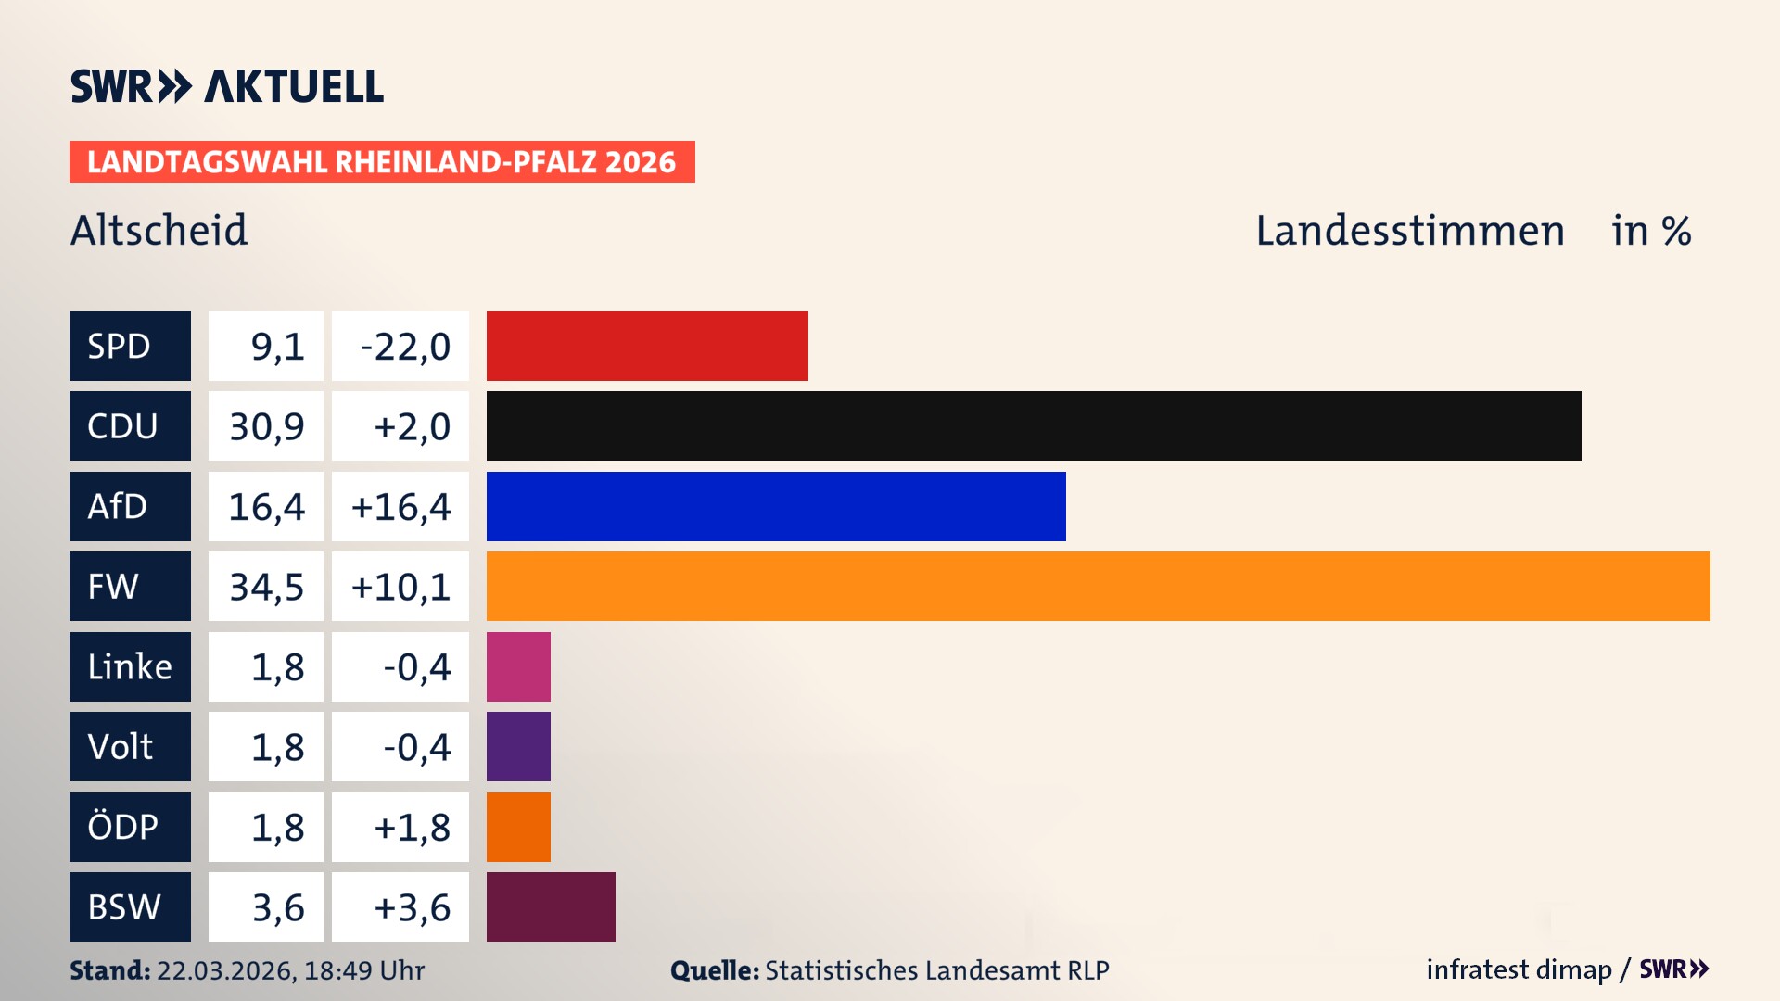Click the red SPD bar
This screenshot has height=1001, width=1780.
[647, 346]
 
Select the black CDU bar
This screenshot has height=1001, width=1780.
[1034, 426]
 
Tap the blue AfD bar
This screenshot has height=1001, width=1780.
[776, 506]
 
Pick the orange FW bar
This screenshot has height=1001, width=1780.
[1098, 587]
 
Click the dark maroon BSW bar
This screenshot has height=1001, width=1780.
[551, 906]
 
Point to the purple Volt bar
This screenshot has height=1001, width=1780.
[518, 746]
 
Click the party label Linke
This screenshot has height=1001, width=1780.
[130, 666]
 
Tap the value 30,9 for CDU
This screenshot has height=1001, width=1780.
[266, 426]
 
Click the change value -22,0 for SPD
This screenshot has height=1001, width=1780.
[404, 347]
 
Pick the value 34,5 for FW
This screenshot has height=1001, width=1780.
[266, 587]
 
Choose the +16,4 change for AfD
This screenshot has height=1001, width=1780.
[400, 507]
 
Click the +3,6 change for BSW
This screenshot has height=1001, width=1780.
[412, 907]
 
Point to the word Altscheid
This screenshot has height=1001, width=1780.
[159, 230]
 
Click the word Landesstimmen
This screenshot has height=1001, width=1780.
[1409, 230]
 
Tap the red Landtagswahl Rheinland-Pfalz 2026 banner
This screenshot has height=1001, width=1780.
[382, 162]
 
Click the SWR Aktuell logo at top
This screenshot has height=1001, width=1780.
[227, 86]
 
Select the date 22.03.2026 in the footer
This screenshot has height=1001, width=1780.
[225, 970]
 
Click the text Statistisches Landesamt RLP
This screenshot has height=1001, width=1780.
[936, 970]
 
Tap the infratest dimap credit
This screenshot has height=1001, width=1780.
[1519, 969]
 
